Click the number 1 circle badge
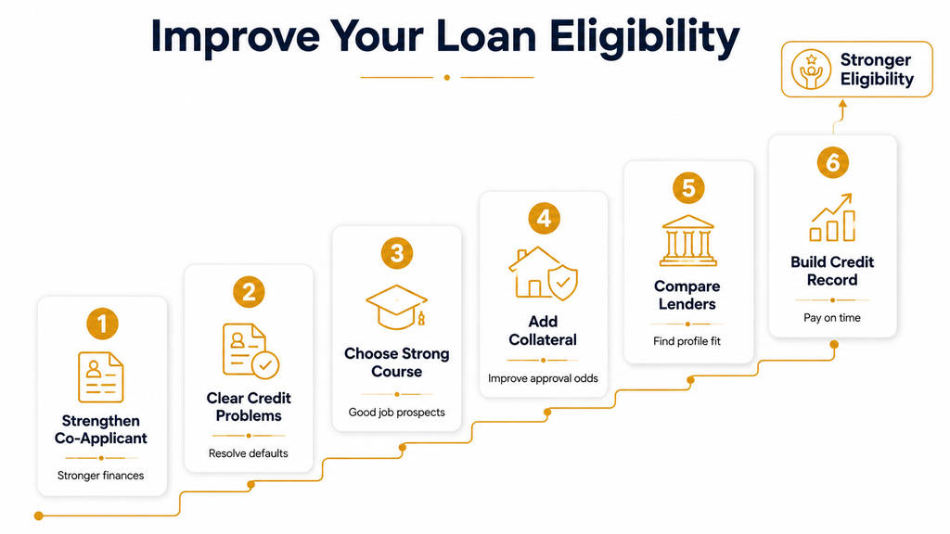[x=102, y=324]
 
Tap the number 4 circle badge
[x=544, y=219]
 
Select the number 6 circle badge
[x=832, y=163]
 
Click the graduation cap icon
[x=397, y=307]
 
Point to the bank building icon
[x=688, y=240]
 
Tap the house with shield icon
[x=544, y=273]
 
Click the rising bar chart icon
[x=832, y=217]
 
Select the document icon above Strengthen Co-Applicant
[x=100, y=377]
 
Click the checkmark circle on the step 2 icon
[x=265, y=365]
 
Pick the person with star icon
[x=811, y=70]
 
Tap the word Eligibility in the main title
[x=645, y=37]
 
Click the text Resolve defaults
[x=249, y=453]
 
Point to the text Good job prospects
[x=397, y=413]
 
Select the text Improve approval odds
[x=543, y=378]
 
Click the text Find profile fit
[x=687, y=341]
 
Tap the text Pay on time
[x=832, y=318]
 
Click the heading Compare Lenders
[x=687, y=295]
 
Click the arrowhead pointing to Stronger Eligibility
[x=842, y=104]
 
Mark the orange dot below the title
[x=447, y=78]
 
